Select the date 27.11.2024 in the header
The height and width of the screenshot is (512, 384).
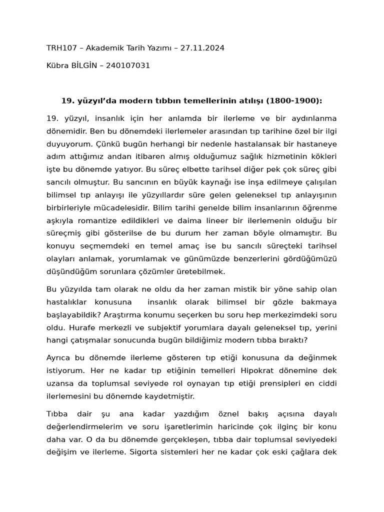click(x=202, y=48)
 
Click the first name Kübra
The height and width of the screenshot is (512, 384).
click(x=57, y=65)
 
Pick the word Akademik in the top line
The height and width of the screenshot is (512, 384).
click(x=106, y=48)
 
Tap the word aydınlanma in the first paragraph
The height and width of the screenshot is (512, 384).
click(x=312, y=118)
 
